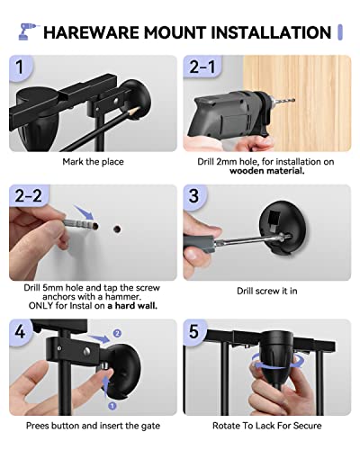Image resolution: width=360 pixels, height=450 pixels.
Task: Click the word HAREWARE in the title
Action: pos(92,32)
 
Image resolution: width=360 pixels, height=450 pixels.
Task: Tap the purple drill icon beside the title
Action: pos(28,31)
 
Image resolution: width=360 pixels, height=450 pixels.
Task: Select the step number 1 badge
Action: pos(20,67)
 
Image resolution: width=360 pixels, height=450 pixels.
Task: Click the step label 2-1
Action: pos(202,67)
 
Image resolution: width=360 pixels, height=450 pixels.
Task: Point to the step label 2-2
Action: pos(28,195)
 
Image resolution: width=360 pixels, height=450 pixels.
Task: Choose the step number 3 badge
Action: pos(193,195)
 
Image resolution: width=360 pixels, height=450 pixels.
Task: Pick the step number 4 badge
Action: pos(20,331)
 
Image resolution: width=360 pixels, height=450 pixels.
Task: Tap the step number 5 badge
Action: pos(193,331)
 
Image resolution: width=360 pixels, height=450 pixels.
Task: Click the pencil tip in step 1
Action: pos(139,108)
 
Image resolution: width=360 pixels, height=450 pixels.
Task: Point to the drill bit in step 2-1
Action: pos(283,101)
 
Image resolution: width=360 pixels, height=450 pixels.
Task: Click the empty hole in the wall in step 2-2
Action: pos(117,229)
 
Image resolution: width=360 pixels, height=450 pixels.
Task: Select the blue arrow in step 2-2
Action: pos(85,212)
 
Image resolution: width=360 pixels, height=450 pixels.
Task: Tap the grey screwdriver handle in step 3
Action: pos(199,244)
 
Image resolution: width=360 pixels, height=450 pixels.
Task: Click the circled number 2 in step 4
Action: pos(117,333)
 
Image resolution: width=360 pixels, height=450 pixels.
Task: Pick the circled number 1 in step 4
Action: pos(112,406)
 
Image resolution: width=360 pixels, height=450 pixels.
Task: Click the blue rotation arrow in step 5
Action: pos(278,361)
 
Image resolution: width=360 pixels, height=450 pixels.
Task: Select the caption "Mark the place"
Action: pos(93,162)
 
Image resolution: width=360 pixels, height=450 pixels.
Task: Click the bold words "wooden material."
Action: pos(267,171)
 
